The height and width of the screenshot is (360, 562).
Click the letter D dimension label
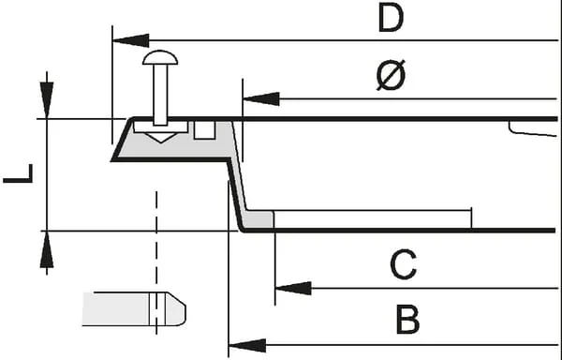coord(391,17)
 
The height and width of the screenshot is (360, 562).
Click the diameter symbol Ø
coord(391,75)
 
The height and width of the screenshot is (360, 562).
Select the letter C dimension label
coord(403,264)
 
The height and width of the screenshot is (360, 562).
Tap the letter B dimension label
coord(407,319)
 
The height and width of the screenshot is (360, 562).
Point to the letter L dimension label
coord(18,173)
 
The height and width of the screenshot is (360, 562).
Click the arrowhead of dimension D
coord(131,40)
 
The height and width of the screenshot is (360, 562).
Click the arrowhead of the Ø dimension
coord(261,98)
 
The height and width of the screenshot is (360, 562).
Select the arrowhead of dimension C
coord(293,289)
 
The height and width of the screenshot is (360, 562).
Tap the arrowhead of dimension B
coord(247,345)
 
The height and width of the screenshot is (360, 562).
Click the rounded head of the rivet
coord(160,58)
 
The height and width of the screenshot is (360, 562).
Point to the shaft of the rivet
coord(160,95)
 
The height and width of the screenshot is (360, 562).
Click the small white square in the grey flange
coord(204,129)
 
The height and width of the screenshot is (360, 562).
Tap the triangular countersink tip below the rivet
coord(160,138)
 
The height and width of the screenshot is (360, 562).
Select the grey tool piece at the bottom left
coord(134,309)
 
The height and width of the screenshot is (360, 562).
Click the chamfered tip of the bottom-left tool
coord(176,308)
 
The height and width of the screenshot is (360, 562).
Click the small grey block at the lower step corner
coord(259,219)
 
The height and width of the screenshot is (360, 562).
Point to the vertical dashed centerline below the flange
coord(156,262)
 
